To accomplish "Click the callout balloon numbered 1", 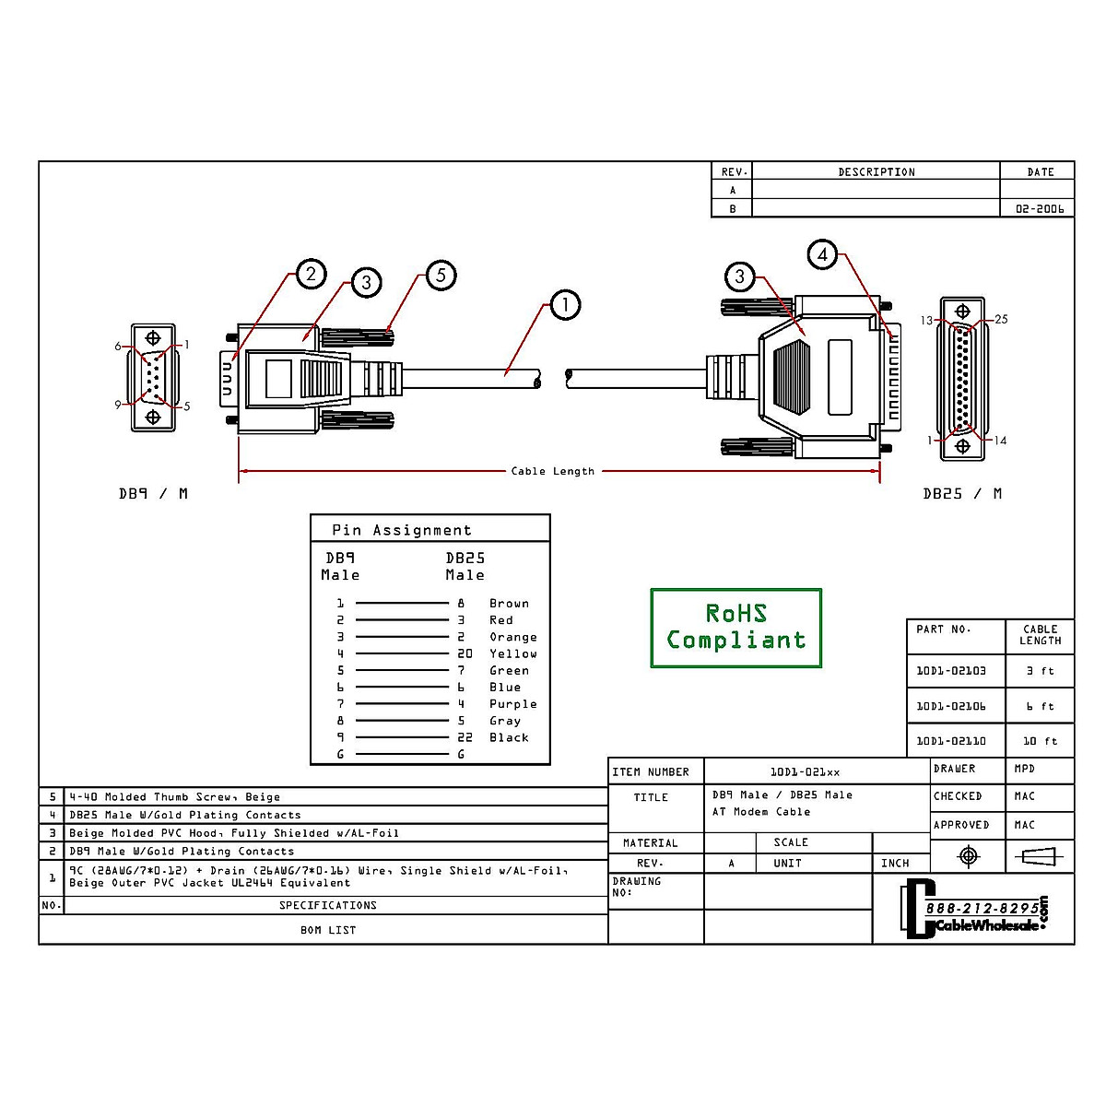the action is point(565,305).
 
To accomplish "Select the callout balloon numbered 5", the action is point(441,275).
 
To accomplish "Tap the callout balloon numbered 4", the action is point(822,254).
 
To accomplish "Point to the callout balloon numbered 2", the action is point(312,274).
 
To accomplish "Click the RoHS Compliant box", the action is point(735,628).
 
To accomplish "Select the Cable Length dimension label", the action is point(553,471).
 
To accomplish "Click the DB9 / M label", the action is point(153,494).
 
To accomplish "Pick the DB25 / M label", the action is point(962,494).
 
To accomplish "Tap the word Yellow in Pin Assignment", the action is point(513,653).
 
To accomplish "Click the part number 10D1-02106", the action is point(951,706).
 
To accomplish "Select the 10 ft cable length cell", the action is point(1040,741).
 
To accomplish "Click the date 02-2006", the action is point(1040,209).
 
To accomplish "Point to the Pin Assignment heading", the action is point(402,530).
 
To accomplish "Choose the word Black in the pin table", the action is point(509,737).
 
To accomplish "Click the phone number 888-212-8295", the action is point(982,909).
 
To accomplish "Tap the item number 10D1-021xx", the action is point(805,772).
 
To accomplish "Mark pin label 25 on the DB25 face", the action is point(1001,319).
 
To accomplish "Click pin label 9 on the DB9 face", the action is point(118,405).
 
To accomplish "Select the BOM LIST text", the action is point(328,930).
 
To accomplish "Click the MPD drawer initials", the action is point(1024,769).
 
